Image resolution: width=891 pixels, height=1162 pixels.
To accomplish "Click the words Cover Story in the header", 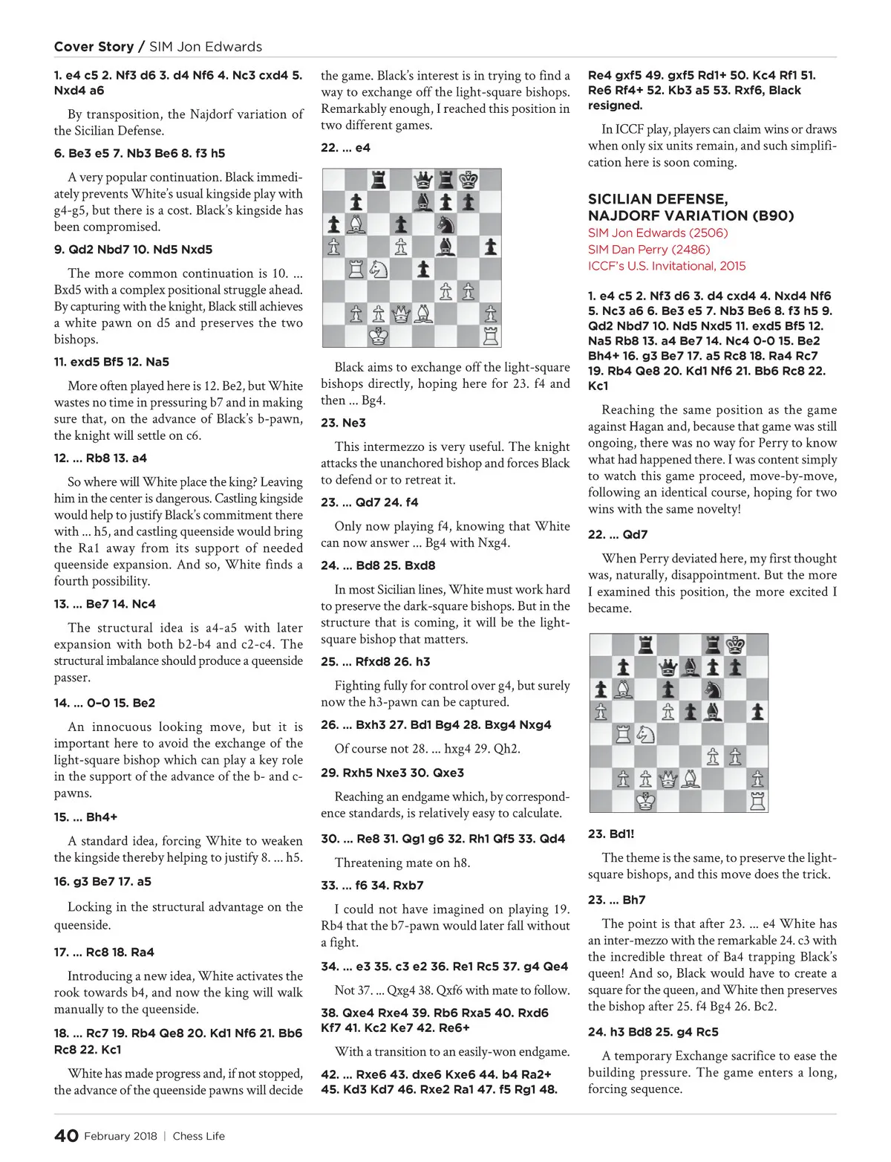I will [x=94, y=46].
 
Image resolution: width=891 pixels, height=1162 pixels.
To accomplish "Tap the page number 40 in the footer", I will [x=66, y=1135].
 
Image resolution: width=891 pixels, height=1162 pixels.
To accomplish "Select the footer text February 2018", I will [x=120, y=1136].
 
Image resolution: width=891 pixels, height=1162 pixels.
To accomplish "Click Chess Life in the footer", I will [x=198, y=1136].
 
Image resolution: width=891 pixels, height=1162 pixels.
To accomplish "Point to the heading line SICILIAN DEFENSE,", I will [x=657, y=199].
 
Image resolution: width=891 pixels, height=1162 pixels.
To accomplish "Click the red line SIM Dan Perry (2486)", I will [x=649, y=250].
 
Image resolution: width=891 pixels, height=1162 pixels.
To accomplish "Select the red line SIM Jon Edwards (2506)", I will [x=658, y=233].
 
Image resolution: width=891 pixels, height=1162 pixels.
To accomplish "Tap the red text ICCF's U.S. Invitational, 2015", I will [x=667, y=266].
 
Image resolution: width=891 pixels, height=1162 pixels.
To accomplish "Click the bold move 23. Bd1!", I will [x=611, y=834].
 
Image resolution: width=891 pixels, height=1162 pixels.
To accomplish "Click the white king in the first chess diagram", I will [x=379, y=336].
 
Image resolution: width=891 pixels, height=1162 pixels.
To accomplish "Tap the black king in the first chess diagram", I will [x=469, y=180].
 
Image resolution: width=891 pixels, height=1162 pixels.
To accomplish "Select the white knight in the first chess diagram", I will [x=379, y=269].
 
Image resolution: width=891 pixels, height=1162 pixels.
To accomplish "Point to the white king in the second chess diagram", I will [x=646, y=801].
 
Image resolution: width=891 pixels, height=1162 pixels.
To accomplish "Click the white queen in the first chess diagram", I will [x=401, y=314].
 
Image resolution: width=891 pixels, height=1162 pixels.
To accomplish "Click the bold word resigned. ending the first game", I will [x=615, y=106].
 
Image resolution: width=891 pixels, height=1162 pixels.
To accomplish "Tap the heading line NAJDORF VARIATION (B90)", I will [x=691, y=215].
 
